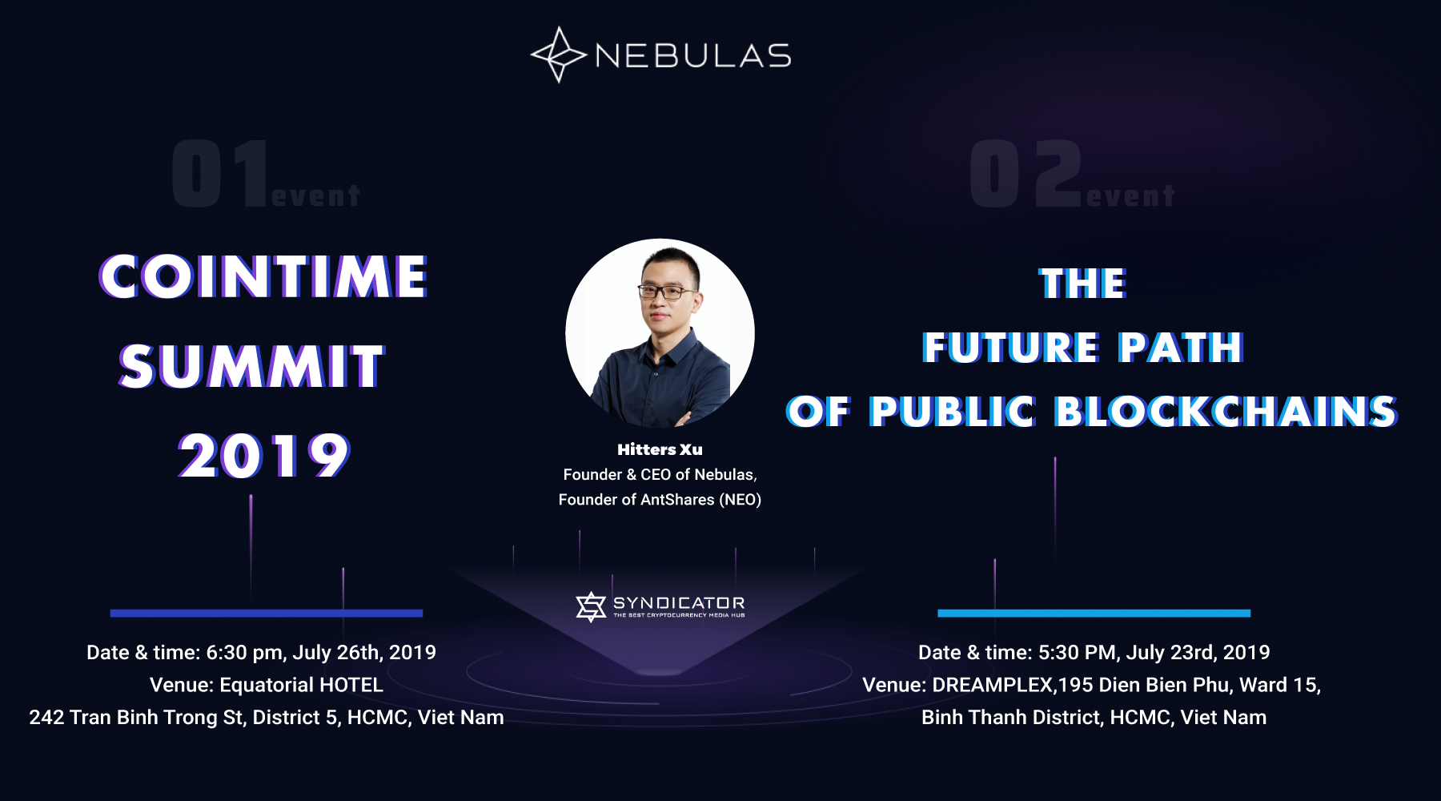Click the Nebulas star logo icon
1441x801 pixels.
click(559, 54)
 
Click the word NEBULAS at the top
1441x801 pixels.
click(693, 56)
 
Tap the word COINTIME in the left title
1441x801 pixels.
click(263, 277)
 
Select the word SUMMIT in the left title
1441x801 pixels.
click(252, 367)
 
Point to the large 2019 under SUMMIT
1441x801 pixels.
click(264, 456)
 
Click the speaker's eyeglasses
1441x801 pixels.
click(666, 292)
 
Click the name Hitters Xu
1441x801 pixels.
click(660, 449)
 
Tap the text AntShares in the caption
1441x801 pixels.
click(677, 500)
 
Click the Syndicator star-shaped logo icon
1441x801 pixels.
click(591, 606)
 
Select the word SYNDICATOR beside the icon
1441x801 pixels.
click(679, 602)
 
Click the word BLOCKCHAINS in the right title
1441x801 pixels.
click(1226, 412)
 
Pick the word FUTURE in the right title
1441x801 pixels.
click(1010, 348)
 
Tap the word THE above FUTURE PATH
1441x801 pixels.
click(1083, 284)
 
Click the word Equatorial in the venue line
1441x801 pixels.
click(268, 686)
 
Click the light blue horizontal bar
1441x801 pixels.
click(1094, 614)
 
